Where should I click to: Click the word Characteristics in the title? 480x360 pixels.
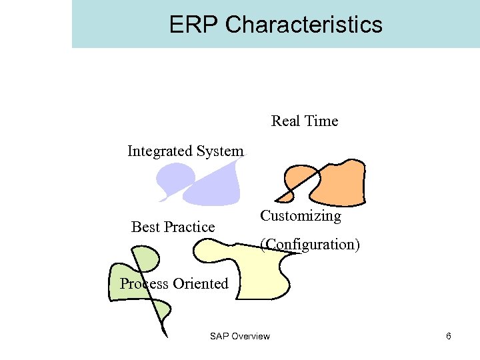(304, 25)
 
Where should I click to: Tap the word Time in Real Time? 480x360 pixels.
(322, 121)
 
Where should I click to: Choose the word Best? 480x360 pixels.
(145, 227)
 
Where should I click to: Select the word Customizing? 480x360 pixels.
(300, 216)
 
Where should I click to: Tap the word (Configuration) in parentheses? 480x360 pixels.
(310, 245)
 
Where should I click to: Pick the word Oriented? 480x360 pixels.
(200, 284)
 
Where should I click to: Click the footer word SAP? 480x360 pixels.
(219, 336)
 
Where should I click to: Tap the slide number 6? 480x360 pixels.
(449, 336)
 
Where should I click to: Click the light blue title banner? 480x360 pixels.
(400, 24)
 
